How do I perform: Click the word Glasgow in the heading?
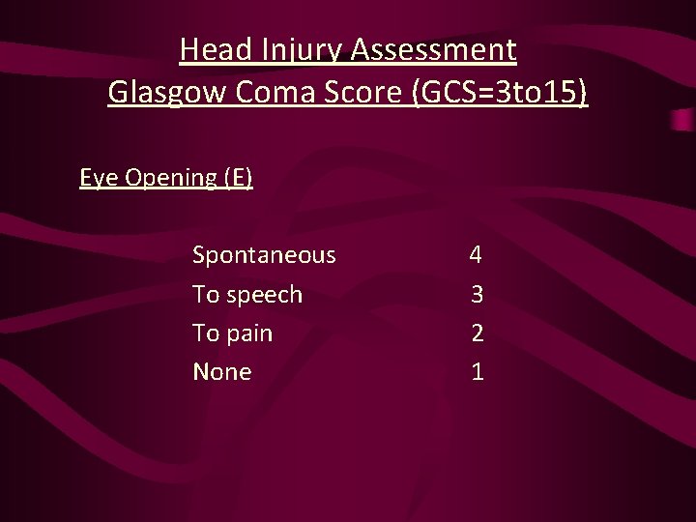coord(163,93)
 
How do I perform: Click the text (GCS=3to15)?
coord(499,93)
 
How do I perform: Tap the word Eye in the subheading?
coord(98,178)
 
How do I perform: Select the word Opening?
coord(169,178)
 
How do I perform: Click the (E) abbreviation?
coord(238,178)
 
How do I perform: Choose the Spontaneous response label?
coord(264,255)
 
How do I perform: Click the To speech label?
coord(247,295)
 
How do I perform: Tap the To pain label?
coord(232,333)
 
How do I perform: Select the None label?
coord(222,372)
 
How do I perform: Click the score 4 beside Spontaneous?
coord(476,255)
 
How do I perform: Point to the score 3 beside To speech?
coord(477,294)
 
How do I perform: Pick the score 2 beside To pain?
coord(477,333)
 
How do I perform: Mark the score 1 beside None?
coord(477,372)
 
